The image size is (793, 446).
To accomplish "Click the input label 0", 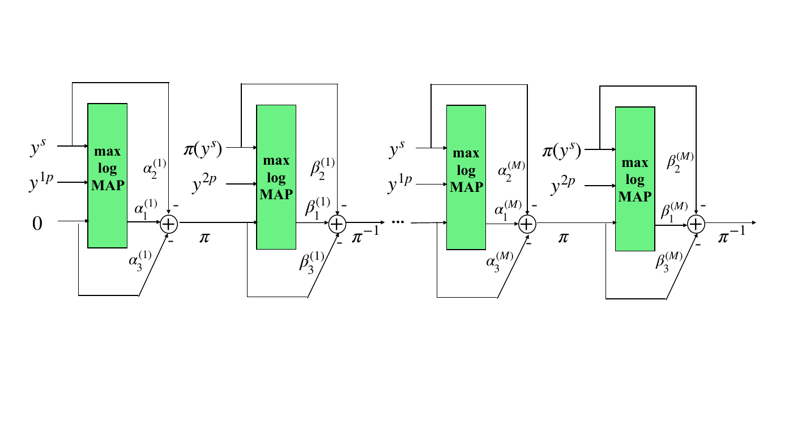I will tap(37, 224).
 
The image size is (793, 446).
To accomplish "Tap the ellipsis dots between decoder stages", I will tap(398, 222).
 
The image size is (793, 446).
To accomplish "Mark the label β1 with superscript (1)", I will tap(315, 210).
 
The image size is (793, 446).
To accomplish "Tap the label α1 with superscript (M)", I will tap(504, 211).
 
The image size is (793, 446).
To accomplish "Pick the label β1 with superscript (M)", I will tap(673, 212).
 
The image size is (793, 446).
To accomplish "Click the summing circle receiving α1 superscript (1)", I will tap(169, 224).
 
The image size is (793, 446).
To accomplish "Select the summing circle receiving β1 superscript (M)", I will tap(696, 224).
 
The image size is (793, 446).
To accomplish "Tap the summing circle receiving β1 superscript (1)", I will tap(338, 224).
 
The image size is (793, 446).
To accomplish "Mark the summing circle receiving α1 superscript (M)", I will tap(527, 224).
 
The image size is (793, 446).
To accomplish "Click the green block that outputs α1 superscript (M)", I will tap(466, 177).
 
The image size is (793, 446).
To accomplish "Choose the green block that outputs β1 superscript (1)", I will tap(276, 177).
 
